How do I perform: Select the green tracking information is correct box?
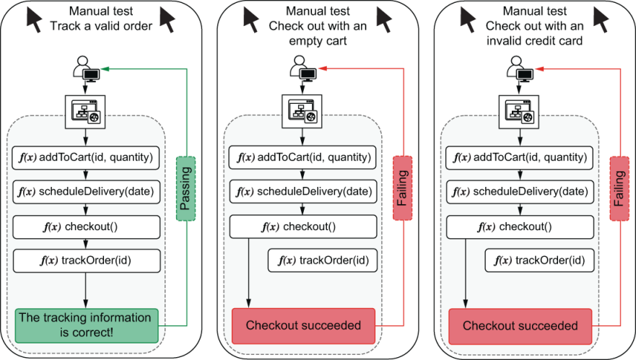pos(86,325)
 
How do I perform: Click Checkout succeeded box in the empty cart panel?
pos(303,325)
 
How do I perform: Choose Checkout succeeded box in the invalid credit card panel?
pos(520,325)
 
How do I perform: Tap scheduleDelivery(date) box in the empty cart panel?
pos(303,191)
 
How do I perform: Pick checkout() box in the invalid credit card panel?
pos(520,227)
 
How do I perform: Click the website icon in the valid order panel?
pos(86,113)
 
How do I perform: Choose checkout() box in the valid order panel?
pos(86,227)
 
